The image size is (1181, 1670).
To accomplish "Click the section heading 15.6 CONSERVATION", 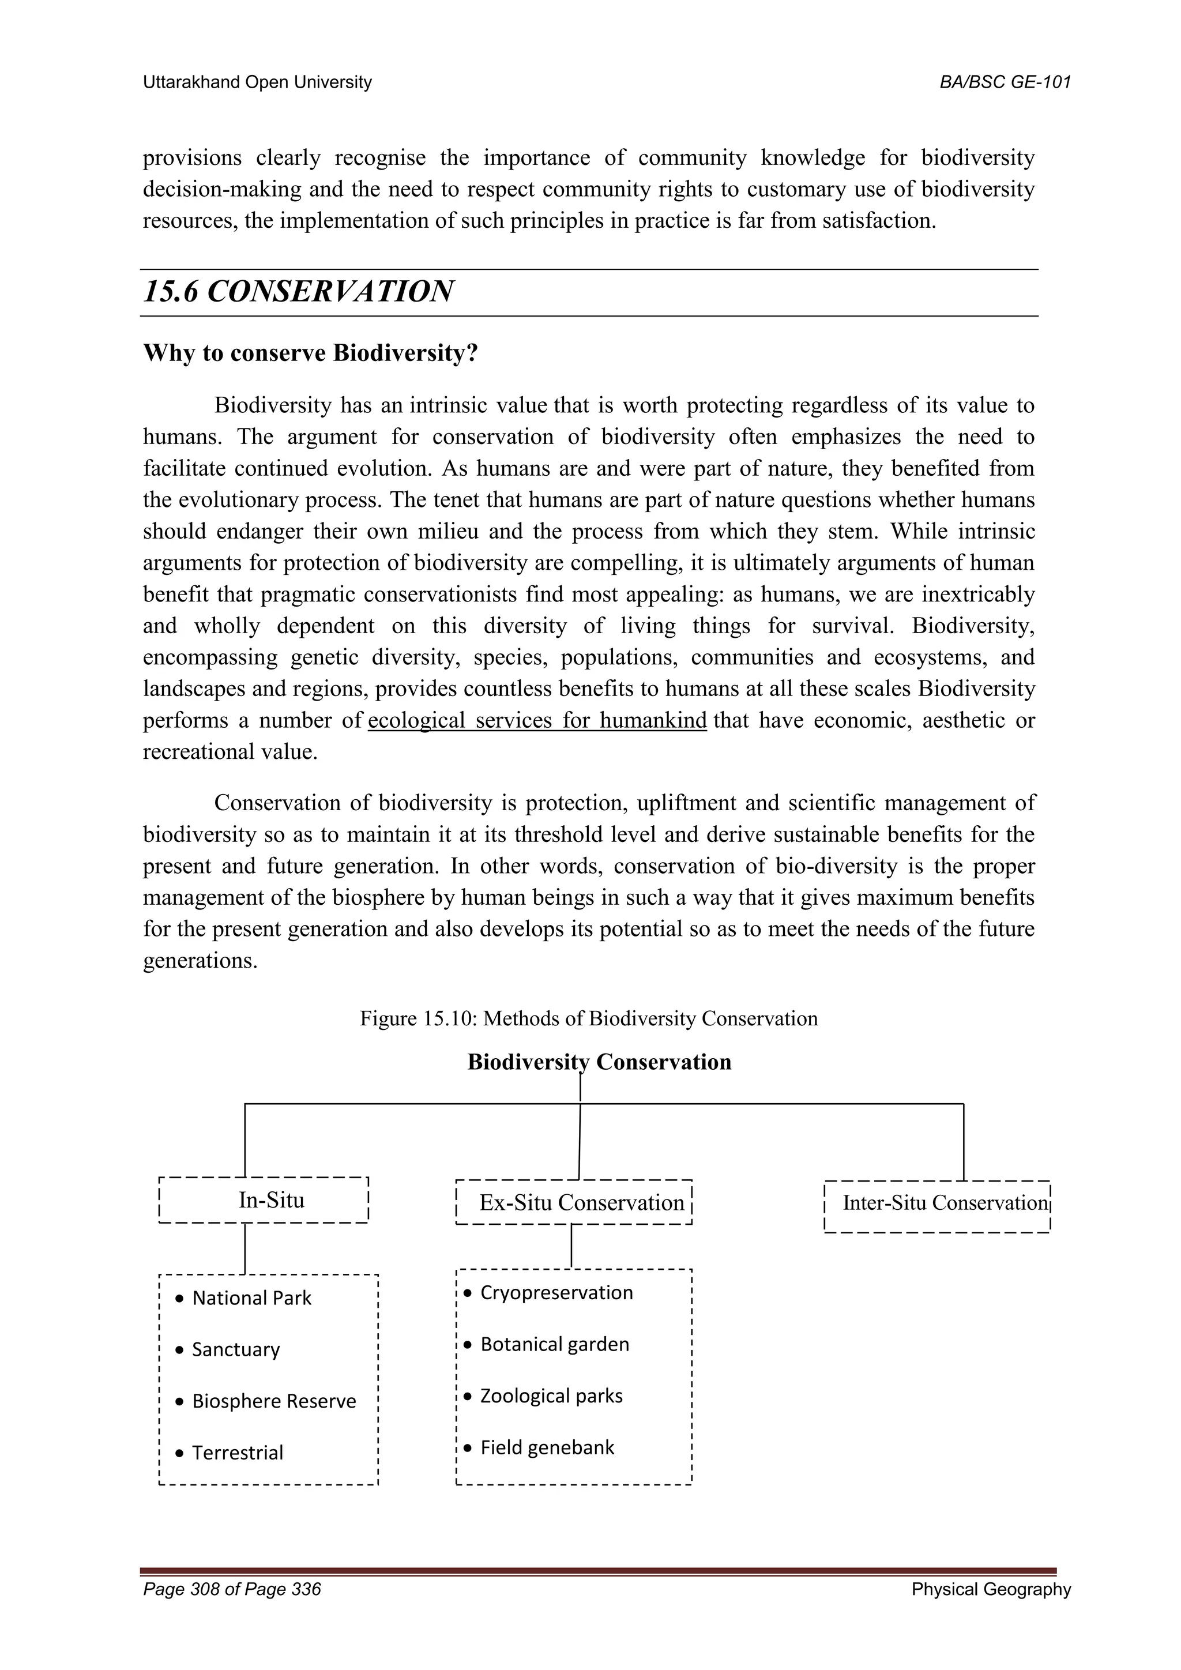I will (298, 292).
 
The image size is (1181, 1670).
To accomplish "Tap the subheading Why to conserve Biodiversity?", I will (310, 353).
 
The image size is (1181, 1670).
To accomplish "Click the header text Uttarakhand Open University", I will (257, 82).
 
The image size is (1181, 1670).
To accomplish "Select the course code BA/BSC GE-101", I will (1005, 82).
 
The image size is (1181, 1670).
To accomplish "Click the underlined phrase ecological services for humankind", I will (537, 720).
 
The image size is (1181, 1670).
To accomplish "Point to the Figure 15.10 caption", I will (588, 1018).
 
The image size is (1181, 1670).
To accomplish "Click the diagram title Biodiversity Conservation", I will (599, 1062).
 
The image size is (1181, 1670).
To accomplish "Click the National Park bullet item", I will (251, 1297).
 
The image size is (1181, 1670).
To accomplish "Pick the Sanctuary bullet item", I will (235, 1349).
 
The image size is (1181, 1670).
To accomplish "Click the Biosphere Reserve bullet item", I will (273, 1401).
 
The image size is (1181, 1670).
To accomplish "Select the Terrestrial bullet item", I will (237, 1453).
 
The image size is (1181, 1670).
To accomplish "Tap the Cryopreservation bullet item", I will (555, 1292).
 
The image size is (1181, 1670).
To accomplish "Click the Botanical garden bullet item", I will (554, 1344).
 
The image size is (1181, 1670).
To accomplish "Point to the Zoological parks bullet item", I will (551, 1396).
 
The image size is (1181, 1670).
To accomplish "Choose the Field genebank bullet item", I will (546, 1447).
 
